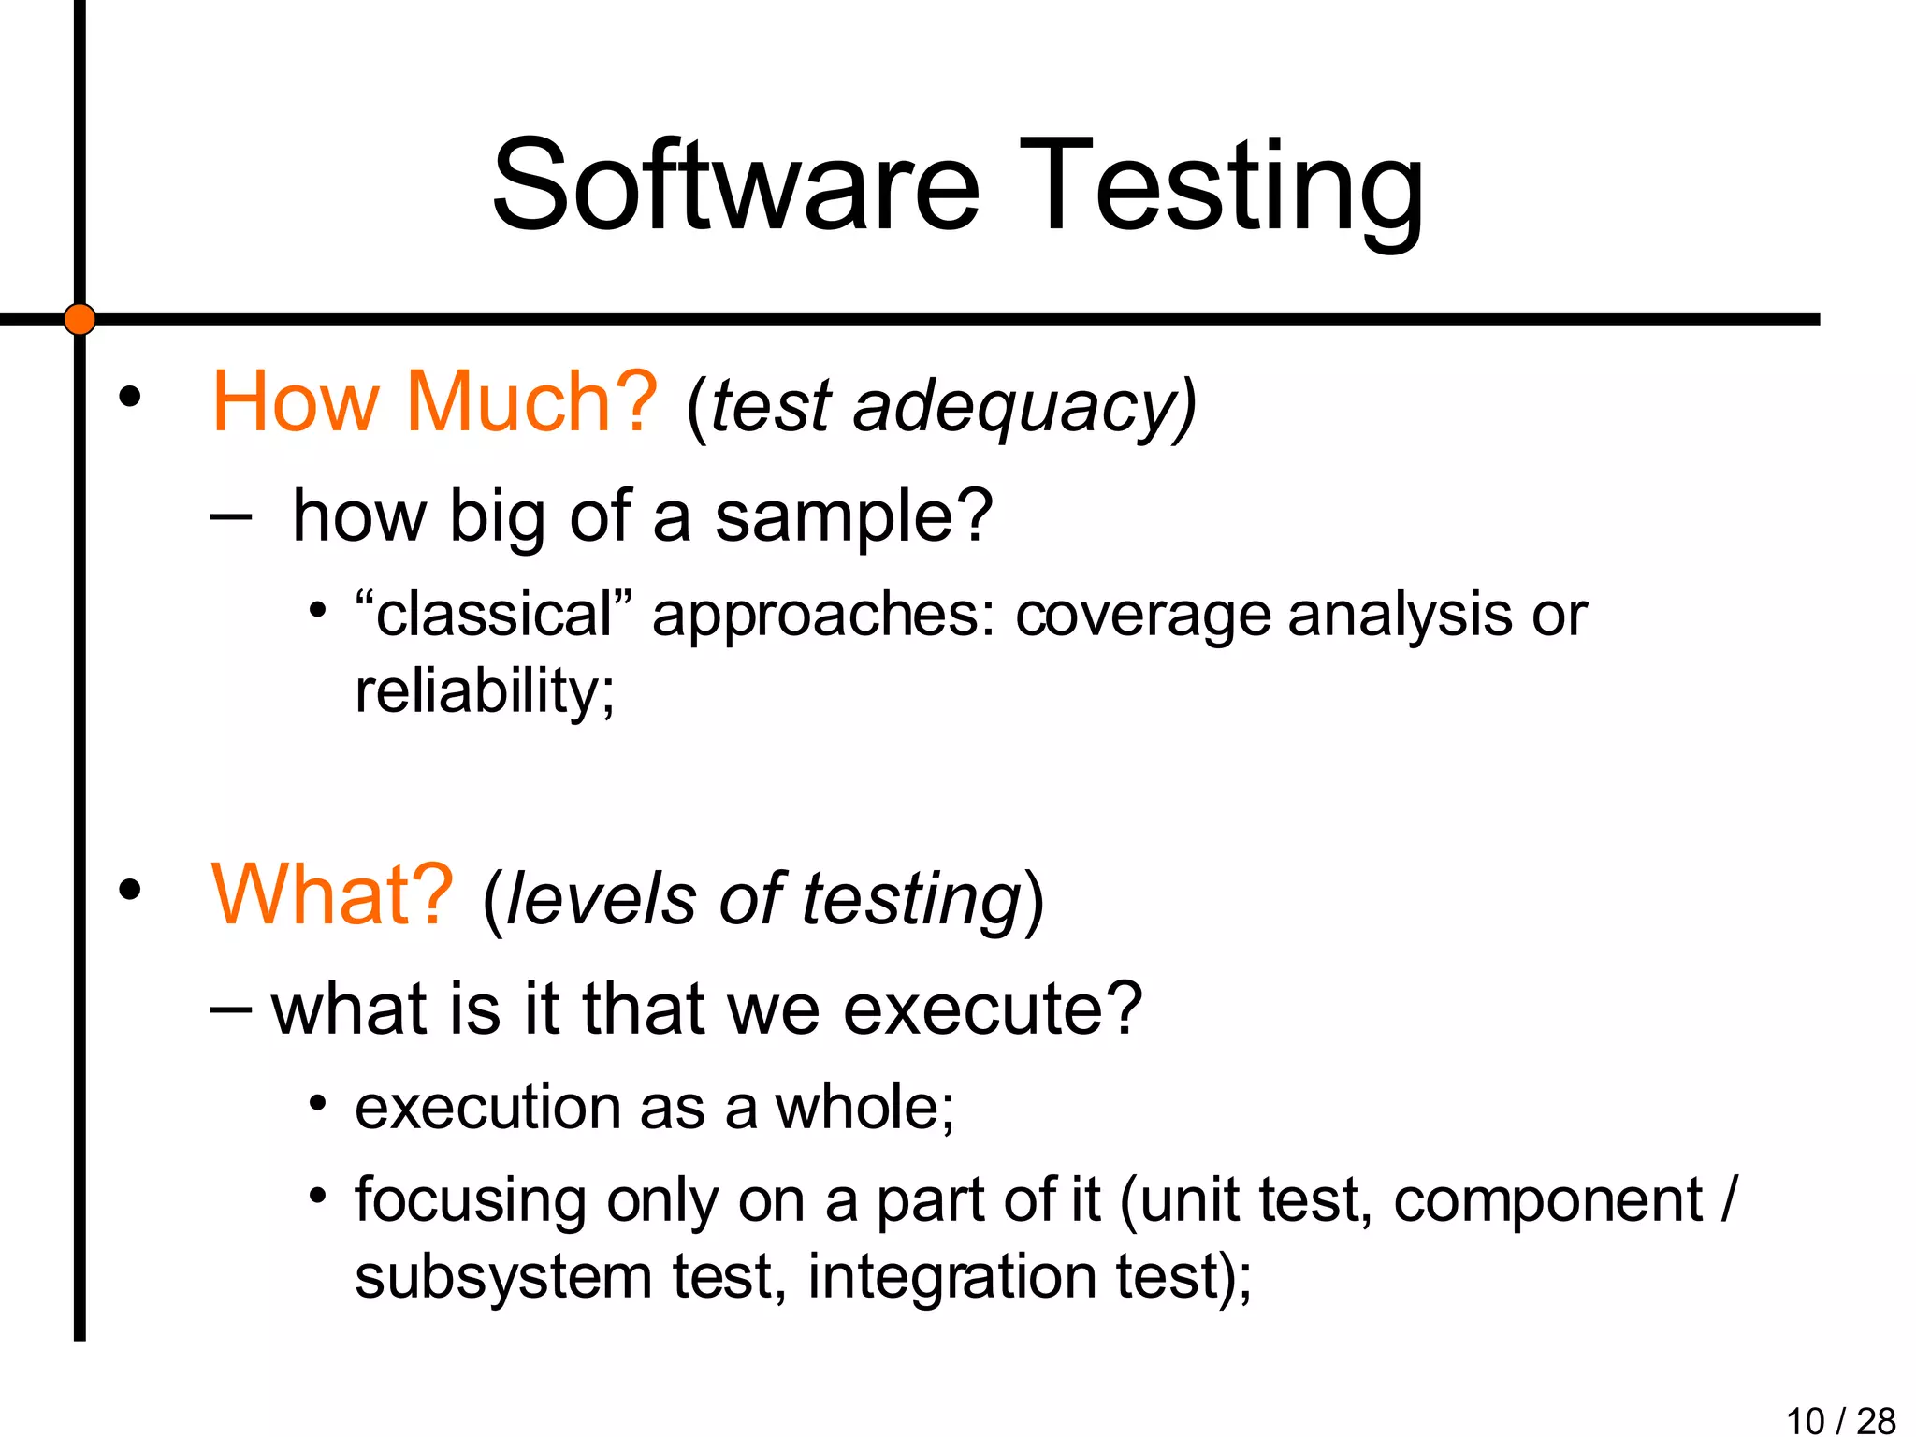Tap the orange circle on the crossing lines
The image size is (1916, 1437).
pyautogui.click(x=80, y=319)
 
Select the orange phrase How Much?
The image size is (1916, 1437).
pyautogui.click(x=435, y=402)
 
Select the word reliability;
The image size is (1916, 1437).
pyautogui.click(x=485, y=692)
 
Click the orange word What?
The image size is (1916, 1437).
pyautogui.click(x=332, y=895)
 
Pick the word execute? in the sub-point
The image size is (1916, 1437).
pyautogui.click(x=993, y=1009)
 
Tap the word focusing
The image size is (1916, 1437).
pyautogui.click(x=470, y=1201)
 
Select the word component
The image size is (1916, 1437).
pyautogui.click(x=1548, y=1201)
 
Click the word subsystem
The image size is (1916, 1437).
pyautogui.click(x=503, y=1277)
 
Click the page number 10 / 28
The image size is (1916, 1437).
pyautogui.click(x=1840, y=1420)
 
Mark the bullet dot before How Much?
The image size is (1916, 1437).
pyautogui.click(x=130, y=398)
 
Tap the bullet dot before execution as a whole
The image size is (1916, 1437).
pyautogui.click(x=318, y=1104)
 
